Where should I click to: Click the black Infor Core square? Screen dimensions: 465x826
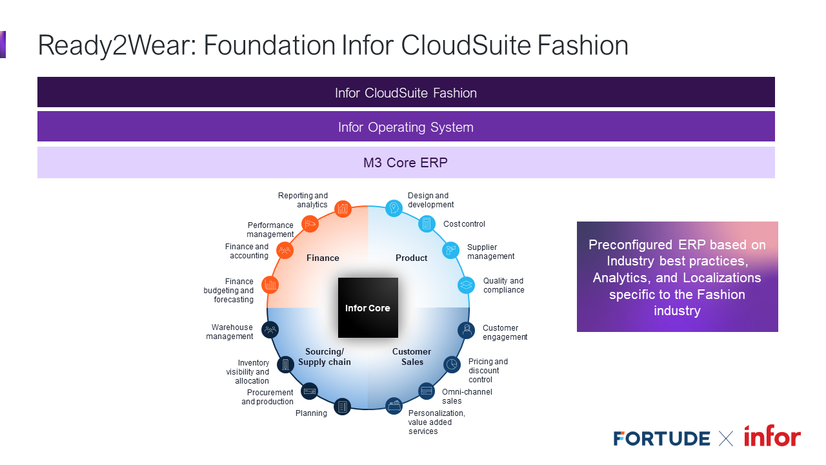368,307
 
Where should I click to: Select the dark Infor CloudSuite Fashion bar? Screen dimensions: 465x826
406,92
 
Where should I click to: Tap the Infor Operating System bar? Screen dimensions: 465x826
406,127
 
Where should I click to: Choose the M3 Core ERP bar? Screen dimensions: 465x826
406,162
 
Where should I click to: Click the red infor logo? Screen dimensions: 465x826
772,437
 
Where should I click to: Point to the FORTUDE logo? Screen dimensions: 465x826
661,439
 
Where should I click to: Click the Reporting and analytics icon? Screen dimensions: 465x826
343,209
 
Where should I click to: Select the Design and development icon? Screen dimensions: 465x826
394,208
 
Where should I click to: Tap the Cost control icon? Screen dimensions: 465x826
426,224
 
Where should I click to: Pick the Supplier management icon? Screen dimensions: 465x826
450,251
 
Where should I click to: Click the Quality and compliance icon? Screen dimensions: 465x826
466,285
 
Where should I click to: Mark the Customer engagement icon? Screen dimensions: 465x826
466,330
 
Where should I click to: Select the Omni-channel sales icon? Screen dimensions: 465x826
427,391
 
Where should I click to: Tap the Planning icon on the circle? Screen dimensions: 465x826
343,407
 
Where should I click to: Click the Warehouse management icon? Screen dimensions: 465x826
270,330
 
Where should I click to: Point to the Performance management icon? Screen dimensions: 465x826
310,224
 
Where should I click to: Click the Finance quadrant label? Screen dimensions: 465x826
323,258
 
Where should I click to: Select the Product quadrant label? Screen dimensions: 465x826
412,258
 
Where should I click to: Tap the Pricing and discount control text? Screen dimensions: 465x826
488,371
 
